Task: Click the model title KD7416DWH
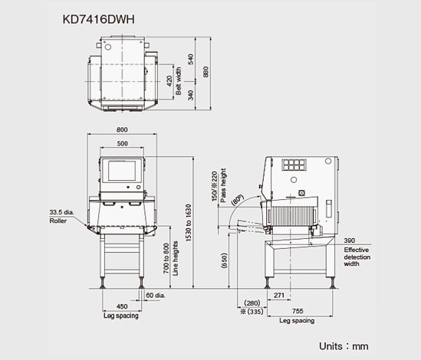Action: tap(98, 19)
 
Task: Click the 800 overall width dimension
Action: tap(122, 130)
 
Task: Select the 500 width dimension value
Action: tap(122, 143)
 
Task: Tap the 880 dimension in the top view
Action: tap(206, 72)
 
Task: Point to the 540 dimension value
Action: tap(191, 59)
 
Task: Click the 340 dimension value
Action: tap(191, 95)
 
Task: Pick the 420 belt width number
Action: tap(169, 81)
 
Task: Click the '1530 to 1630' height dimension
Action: tap(189, 223)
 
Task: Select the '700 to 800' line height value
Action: tap(166, 259)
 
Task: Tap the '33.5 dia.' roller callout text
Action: tap(61, 212)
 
